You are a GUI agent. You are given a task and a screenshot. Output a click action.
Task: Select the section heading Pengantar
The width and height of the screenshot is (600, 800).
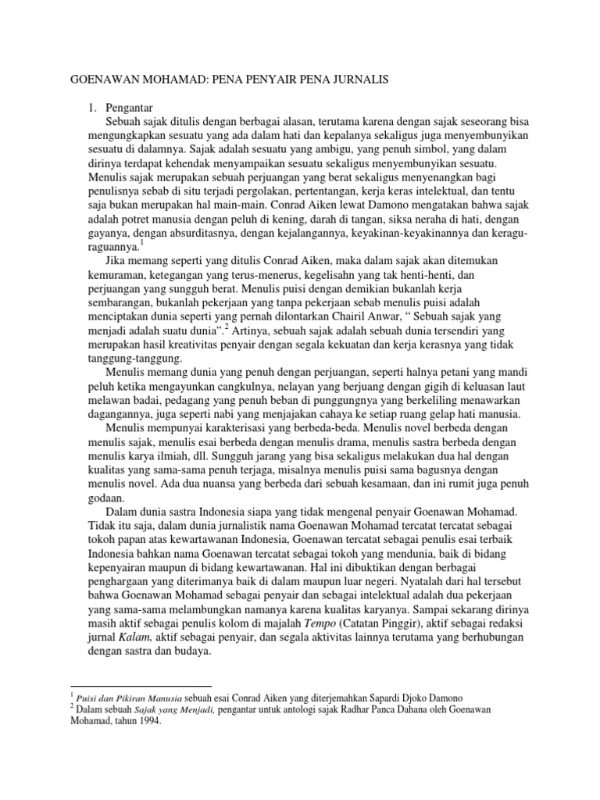(130, 107)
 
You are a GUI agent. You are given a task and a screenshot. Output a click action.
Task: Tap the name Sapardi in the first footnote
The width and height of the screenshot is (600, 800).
(366, 695)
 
